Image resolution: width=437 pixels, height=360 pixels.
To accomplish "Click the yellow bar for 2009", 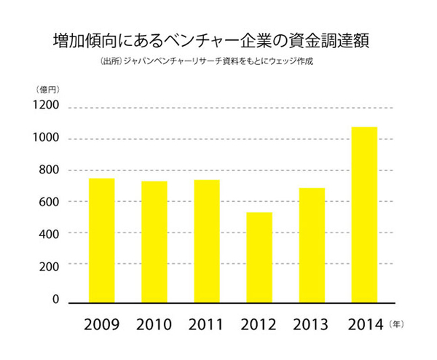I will click(101, 240).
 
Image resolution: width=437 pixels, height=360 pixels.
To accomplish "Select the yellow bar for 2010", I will click(154, 241).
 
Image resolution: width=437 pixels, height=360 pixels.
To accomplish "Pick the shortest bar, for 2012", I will click(259, 257).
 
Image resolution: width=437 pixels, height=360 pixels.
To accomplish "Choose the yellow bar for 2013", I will click(312, 245).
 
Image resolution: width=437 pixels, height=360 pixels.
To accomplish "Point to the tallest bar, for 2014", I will click(364, 214).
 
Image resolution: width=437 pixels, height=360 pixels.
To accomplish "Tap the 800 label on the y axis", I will click(49, 171).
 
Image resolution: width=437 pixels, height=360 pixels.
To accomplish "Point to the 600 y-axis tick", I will click(49, 202).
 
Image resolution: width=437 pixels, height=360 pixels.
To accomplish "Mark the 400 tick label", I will click(49, 233).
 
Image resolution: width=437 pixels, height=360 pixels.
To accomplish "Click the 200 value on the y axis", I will click(49, 265).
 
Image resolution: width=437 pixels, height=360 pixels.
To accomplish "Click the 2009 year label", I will click(101, 323).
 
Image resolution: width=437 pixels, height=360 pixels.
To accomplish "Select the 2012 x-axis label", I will click(259, 323).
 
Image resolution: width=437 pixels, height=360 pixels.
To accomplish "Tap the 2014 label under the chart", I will click(364, 323).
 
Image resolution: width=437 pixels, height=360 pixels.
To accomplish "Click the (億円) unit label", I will click(46, 89).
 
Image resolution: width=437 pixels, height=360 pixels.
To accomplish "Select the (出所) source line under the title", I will click(207, 61).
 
